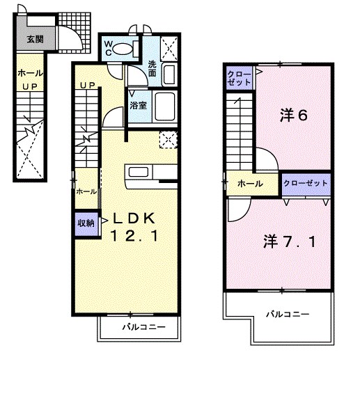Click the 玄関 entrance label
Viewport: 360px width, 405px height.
click(x=35, y=39)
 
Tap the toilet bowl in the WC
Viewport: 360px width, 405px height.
click(x=123, y=49)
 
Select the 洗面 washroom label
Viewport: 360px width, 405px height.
click(x=152, y=68)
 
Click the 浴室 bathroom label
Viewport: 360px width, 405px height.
click(x=139, y=105)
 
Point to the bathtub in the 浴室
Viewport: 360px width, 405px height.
click(x=164, y=106)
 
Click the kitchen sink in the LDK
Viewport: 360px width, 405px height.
click(x=139, y=172)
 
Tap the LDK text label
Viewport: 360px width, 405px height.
click(x=134, y=219)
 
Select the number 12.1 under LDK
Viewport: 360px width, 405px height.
click(x=134, y=236)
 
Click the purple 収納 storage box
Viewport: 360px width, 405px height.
click(x=86, y=223)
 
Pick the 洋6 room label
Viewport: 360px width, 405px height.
click(x=294, y=116)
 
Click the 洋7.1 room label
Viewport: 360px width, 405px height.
click(x=290, y=242)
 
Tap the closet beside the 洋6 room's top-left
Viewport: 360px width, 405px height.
click(x=239, y=78)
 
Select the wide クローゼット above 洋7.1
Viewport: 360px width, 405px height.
click(x=306, y=184)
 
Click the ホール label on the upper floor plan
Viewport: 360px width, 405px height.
click(x=250, y=184)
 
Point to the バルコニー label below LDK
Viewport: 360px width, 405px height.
click(x=143, y=327)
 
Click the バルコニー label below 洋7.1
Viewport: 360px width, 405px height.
click(x=288, y=314)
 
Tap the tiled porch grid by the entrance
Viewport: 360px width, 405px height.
click(x=75, y=33)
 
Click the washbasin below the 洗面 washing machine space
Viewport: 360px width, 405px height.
click(x=169, y=75)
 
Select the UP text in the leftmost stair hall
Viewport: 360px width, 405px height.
click(x=30, y=87)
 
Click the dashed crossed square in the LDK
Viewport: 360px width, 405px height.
click(x=168, y=140)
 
